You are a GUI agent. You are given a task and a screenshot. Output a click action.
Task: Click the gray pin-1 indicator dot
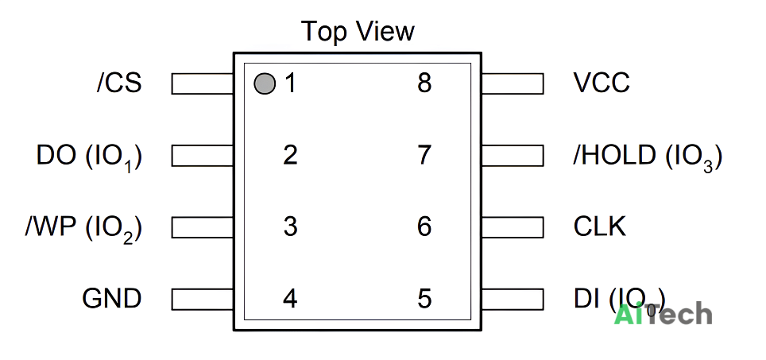265,83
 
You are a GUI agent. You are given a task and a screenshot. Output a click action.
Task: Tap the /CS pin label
119,83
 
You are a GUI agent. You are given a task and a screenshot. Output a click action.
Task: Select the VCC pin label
602,83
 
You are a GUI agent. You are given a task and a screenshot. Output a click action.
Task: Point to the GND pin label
112,299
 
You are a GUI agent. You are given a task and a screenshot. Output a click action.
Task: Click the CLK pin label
599,226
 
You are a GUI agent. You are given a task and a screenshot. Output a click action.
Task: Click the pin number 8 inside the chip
424,83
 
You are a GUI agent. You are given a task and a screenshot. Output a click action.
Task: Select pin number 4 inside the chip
290,299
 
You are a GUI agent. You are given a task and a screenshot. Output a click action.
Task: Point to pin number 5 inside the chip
424,299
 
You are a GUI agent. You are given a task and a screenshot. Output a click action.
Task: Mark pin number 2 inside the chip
290,155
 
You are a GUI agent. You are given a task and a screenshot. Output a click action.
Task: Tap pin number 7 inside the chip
424,155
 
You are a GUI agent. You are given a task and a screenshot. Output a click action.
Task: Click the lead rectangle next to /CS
203,83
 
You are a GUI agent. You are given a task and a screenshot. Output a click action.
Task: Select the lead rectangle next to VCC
513,83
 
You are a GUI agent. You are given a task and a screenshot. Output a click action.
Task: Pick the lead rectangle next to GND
203,299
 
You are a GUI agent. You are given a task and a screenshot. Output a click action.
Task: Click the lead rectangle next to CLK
513,227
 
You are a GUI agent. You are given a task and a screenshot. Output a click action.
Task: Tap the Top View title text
358,31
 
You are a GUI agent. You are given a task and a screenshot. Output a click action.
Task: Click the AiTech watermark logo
663,314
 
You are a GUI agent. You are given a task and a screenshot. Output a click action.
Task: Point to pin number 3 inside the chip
290,226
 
